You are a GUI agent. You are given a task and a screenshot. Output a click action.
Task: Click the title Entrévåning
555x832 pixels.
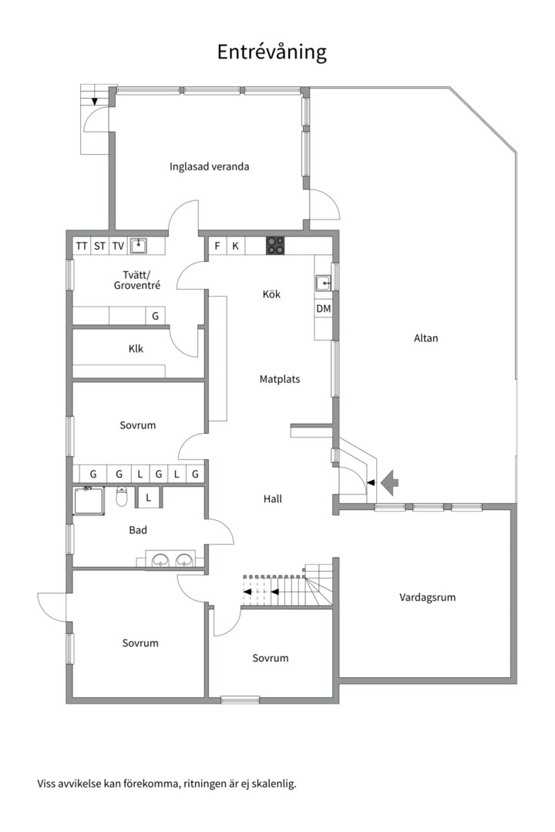tap(271, 52)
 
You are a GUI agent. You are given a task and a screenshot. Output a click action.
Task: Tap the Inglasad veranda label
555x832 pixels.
tap(210, 166)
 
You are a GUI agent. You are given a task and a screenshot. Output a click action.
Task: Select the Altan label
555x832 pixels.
tap(425, 337)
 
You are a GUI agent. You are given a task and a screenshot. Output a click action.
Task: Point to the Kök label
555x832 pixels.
tap(271, 294)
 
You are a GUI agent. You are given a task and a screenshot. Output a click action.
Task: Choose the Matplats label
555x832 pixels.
tap(279, 379)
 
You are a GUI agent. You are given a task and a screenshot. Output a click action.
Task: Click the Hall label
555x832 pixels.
tap(272, 499)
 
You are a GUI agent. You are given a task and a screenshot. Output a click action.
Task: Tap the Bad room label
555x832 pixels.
tap(138, 530)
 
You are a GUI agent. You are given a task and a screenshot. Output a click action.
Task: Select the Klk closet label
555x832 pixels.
tap(136, 349)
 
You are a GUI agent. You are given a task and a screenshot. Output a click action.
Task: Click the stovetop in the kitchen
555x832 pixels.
tap(276, 246)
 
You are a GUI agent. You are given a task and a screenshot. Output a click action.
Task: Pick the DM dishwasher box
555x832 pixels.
tap(324, 308)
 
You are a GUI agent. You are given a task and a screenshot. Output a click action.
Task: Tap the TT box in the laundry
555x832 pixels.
tap(82, 247)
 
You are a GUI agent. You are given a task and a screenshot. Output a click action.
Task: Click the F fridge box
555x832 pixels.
tap(217, 247)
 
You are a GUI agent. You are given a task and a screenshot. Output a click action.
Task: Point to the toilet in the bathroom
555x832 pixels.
tap(121, 498)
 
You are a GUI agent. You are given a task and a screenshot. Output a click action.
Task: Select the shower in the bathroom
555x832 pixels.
tap(89, 501)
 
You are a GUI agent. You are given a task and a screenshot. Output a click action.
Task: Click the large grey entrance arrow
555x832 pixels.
tap(391, 481)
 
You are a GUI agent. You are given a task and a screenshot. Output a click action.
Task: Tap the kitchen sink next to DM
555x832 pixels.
tap(323, 283)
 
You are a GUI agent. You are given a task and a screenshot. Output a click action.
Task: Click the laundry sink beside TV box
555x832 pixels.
tap(139, 246)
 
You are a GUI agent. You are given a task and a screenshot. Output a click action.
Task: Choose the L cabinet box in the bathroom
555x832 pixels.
tap(148, 498)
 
